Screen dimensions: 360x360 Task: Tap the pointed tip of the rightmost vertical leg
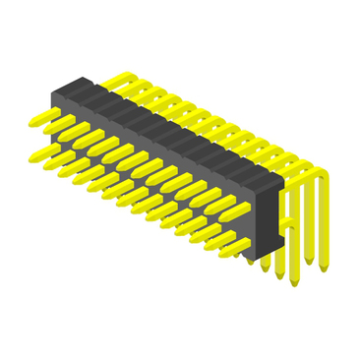coord(324,267)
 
